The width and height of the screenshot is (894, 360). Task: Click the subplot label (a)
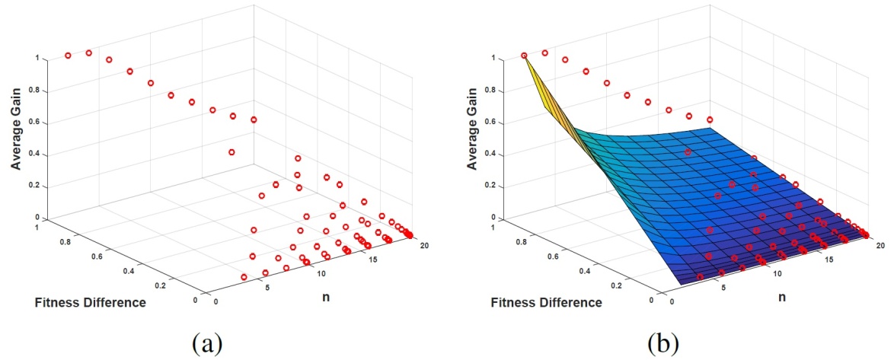pos(207,344)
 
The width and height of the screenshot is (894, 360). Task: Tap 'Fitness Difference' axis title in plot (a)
pos(90,303)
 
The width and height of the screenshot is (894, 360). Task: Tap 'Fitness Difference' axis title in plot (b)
pos(546,303)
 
